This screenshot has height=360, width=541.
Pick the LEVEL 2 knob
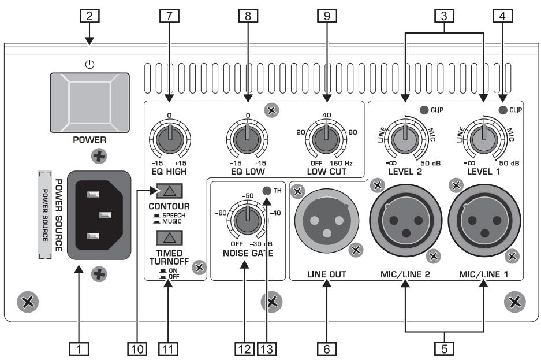tap(405, 139)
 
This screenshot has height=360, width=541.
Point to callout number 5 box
tap(445, 348)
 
